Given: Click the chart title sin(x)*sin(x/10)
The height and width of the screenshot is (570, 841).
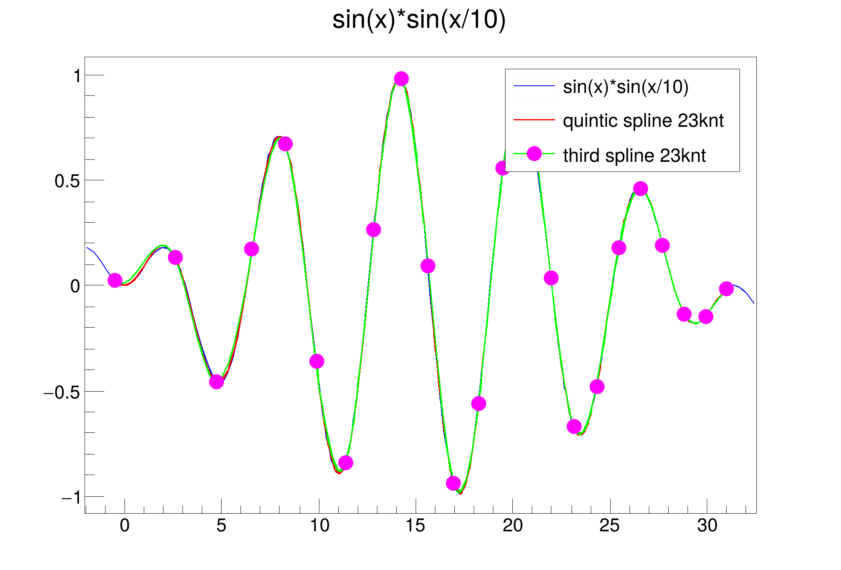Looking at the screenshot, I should (419, 20).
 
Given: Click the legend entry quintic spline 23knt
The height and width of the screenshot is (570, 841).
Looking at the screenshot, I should (643, 121).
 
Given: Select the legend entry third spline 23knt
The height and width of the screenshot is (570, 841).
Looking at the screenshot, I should (634, 156).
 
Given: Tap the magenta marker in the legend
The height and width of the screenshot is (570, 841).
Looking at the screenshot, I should (534, 154).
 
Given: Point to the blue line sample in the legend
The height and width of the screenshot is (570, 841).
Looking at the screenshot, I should (534, 86).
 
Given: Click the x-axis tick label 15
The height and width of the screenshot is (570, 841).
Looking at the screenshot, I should (415, 526).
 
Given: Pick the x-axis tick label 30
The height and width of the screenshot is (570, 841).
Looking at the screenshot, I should (707, 526).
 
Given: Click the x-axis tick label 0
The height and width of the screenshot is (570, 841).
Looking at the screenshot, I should (124, 526).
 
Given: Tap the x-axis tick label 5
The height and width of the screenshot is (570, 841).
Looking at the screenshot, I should (221, 526).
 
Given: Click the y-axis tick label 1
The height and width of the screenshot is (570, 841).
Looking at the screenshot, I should (77, 76).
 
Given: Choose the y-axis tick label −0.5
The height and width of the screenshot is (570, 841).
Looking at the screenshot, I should (62, 392).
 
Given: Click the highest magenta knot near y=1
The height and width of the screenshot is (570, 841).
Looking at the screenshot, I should (401, 79).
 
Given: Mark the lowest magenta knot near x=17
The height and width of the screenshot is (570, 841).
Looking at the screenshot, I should (454, 483).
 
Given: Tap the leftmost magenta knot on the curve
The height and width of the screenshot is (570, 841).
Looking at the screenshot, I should (115, 280).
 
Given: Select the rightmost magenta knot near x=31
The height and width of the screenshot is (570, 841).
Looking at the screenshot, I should (726, 289).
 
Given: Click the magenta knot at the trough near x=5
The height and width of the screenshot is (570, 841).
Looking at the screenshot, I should (217, 382).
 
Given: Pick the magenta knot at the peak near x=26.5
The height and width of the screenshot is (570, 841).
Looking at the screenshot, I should (640, 188).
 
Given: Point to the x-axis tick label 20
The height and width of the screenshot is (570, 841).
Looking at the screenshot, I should (512, 526).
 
